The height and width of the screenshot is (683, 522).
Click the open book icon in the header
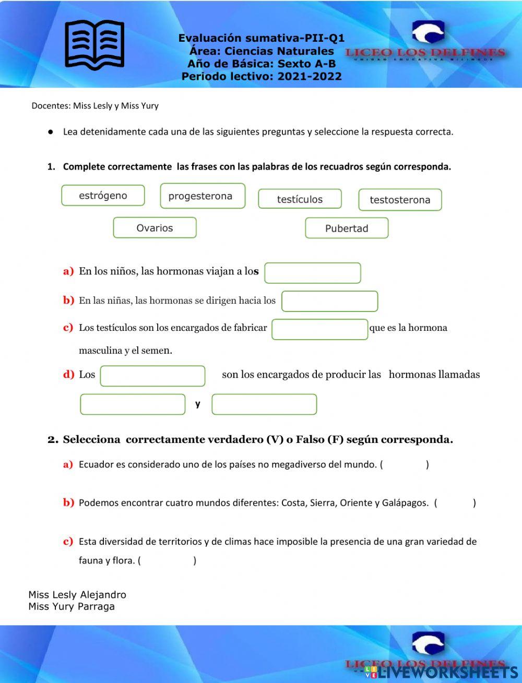coord(94,44)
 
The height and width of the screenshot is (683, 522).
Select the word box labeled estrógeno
coord(103,196)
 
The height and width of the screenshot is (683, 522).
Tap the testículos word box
coord(300,199)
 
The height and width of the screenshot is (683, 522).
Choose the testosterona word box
coord(400,200)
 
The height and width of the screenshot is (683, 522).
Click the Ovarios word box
coord(155,228)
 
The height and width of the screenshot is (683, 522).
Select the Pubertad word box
coord(347,229)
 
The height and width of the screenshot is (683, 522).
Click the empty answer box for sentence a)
coord(312,273)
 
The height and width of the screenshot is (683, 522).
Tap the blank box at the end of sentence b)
coord(329,301)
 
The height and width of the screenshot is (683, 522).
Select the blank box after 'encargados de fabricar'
coord(319,329)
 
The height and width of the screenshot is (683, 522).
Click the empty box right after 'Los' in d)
coord(152,376)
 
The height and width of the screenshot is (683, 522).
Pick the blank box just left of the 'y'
coord(133,404)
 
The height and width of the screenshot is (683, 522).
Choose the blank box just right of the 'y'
coord(264,404)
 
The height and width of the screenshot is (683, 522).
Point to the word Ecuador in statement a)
coord(96,464)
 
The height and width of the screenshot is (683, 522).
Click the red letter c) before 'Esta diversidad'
coord(68,542)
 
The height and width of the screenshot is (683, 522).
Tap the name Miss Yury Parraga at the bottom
coord(72,606)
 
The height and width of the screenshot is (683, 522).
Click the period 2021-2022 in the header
coord(310,76)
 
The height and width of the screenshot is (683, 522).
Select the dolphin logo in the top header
coord(428,33)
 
